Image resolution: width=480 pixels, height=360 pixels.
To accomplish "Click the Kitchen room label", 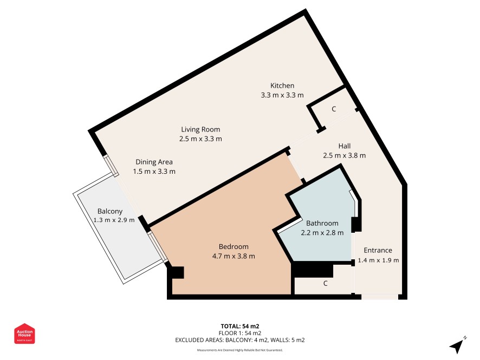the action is pyautogui.click(x=282, y=86).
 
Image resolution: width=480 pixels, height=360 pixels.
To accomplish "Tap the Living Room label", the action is pyautogui.click(x=200, y=129).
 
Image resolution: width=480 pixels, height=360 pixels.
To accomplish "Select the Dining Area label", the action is pyautogui.click(x=154, y=162).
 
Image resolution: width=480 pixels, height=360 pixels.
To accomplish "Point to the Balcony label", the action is pyautogui.click(x=110, y=211).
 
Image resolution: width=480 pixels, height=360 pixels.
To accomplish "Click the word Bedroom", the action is pyautogui.click(x=233, y=246).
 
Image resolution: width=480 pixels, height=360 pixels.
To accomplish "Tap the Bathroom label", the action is pyautogui.click(x=322, y=223).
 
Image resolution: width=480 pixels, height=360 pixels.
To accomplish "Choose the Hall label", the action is pyautogui.click(x=345, y=146).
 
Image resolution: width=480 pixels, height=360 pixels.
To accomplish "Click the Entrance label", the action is pyautogui.click(x=378, y=250).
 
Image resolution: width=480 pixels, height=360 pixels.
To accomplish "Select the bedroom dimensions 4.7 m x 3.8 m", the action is pyautogui.click(x=233, y=256).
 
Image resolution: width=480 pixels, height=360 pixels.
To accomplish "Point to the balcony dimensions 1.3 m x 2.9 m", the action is pyautogui.click(x=114, y=220).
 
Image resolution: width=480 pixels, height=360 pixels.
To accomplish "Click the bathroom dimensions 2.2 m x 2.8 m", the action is pyautogui.click(x=322, y=233).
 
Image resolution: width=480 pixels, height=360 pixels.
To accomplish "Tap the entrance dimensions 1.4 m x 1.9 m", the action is pyautogui.click(x=378, y=260).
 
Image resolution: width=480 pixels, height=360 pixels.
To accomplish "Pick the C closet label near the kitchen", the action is pyautogui.click(x=334, y=109).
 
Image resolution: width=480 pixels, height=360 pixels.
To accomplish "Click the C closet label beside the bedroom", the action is pyautogui.click(x=326, y=284).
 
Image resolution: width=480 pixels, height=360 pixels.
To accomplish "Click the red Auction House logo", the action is pyautogui.click(x=24, y=333).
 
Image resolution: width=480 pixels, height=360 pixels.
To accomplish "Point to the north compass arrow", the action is pyautogui.click(x=457, y=345).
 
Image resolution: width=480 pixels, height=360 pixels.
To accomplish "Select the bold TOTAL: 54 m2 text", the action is pyautogui.click(x=240, y=326).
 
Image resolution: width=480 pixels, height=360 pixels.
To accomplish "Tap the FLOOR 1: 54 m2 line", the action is pyautogui.click(x=240, y=333).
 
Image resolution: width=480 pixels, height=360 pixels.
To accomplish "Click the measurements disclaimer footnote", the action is pyautogui.click(x=240, y=350).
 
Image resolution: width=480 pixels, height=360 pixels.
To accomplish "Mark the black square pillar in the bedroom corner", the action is pyautogui.click(x=178, y=272).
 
